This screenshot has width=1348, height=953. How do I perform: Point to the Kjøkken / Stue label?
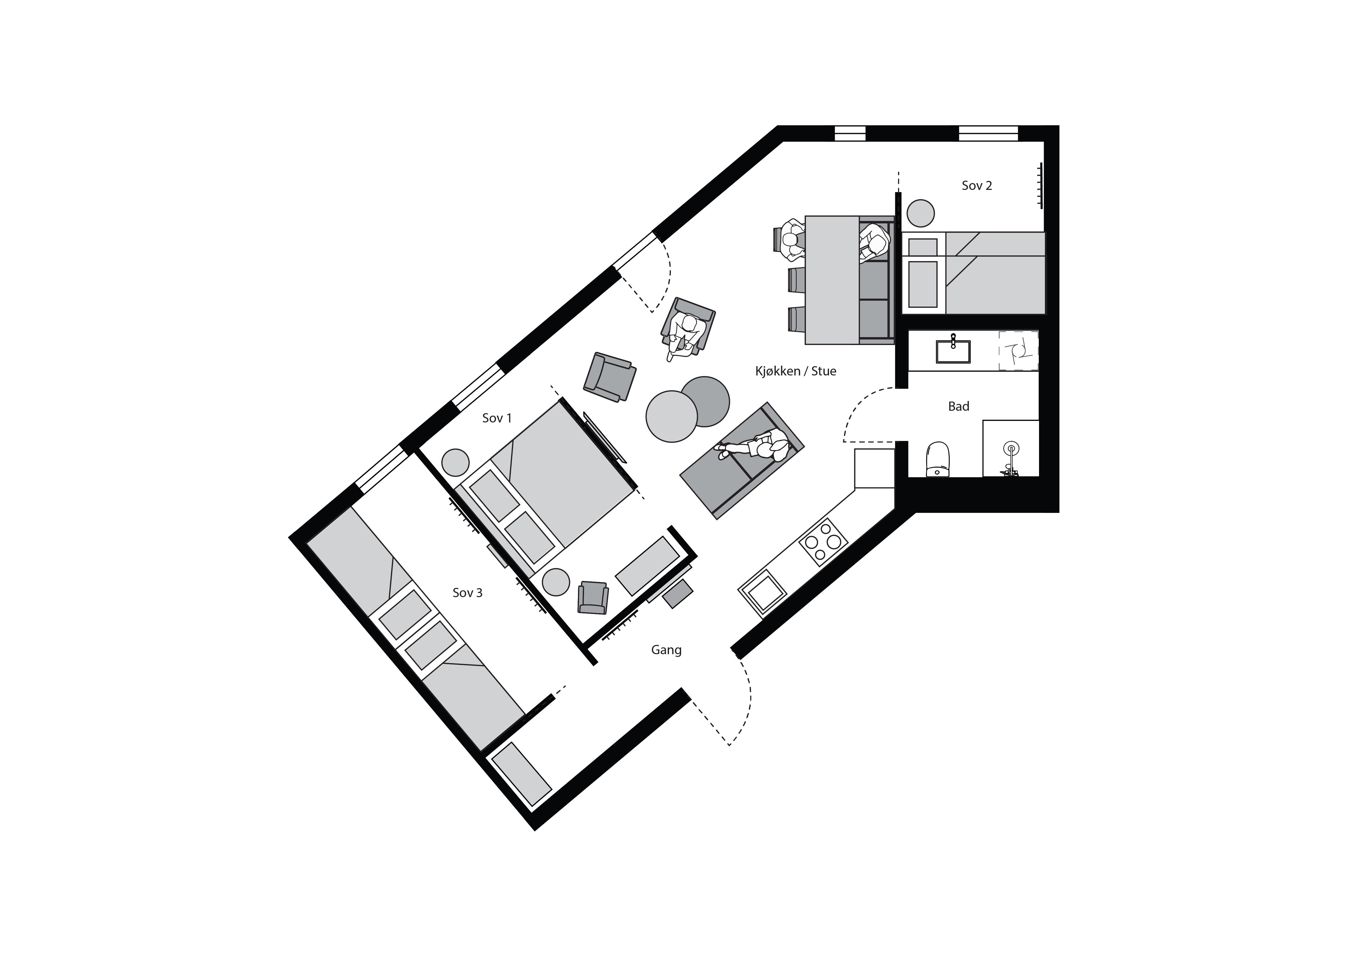click(x=796, y=371)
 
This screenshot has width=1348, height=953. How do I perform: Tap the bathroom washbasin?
click(x=953, y=350)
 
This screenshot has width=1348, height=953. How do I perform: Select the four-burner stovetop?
click(x=823, y=542)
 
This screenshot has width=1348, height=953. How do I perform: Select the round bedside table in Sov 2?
click(x=920, y=213)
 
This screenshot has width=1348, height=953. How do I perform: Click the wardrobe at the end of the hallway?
click(x=521, y=774)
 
